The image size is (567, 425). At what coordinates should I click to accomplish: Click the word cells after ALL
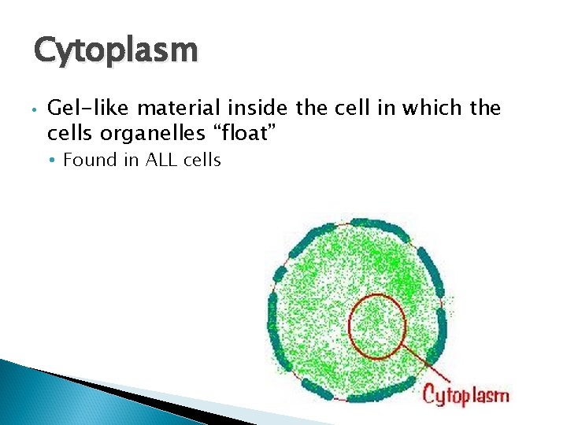click(201, 161)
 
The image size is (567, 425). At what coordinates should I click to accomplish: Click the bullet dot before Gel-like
click(29, 109)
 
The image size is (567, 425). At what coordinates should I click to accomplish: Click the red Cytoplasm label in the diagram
click(466, 394)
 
